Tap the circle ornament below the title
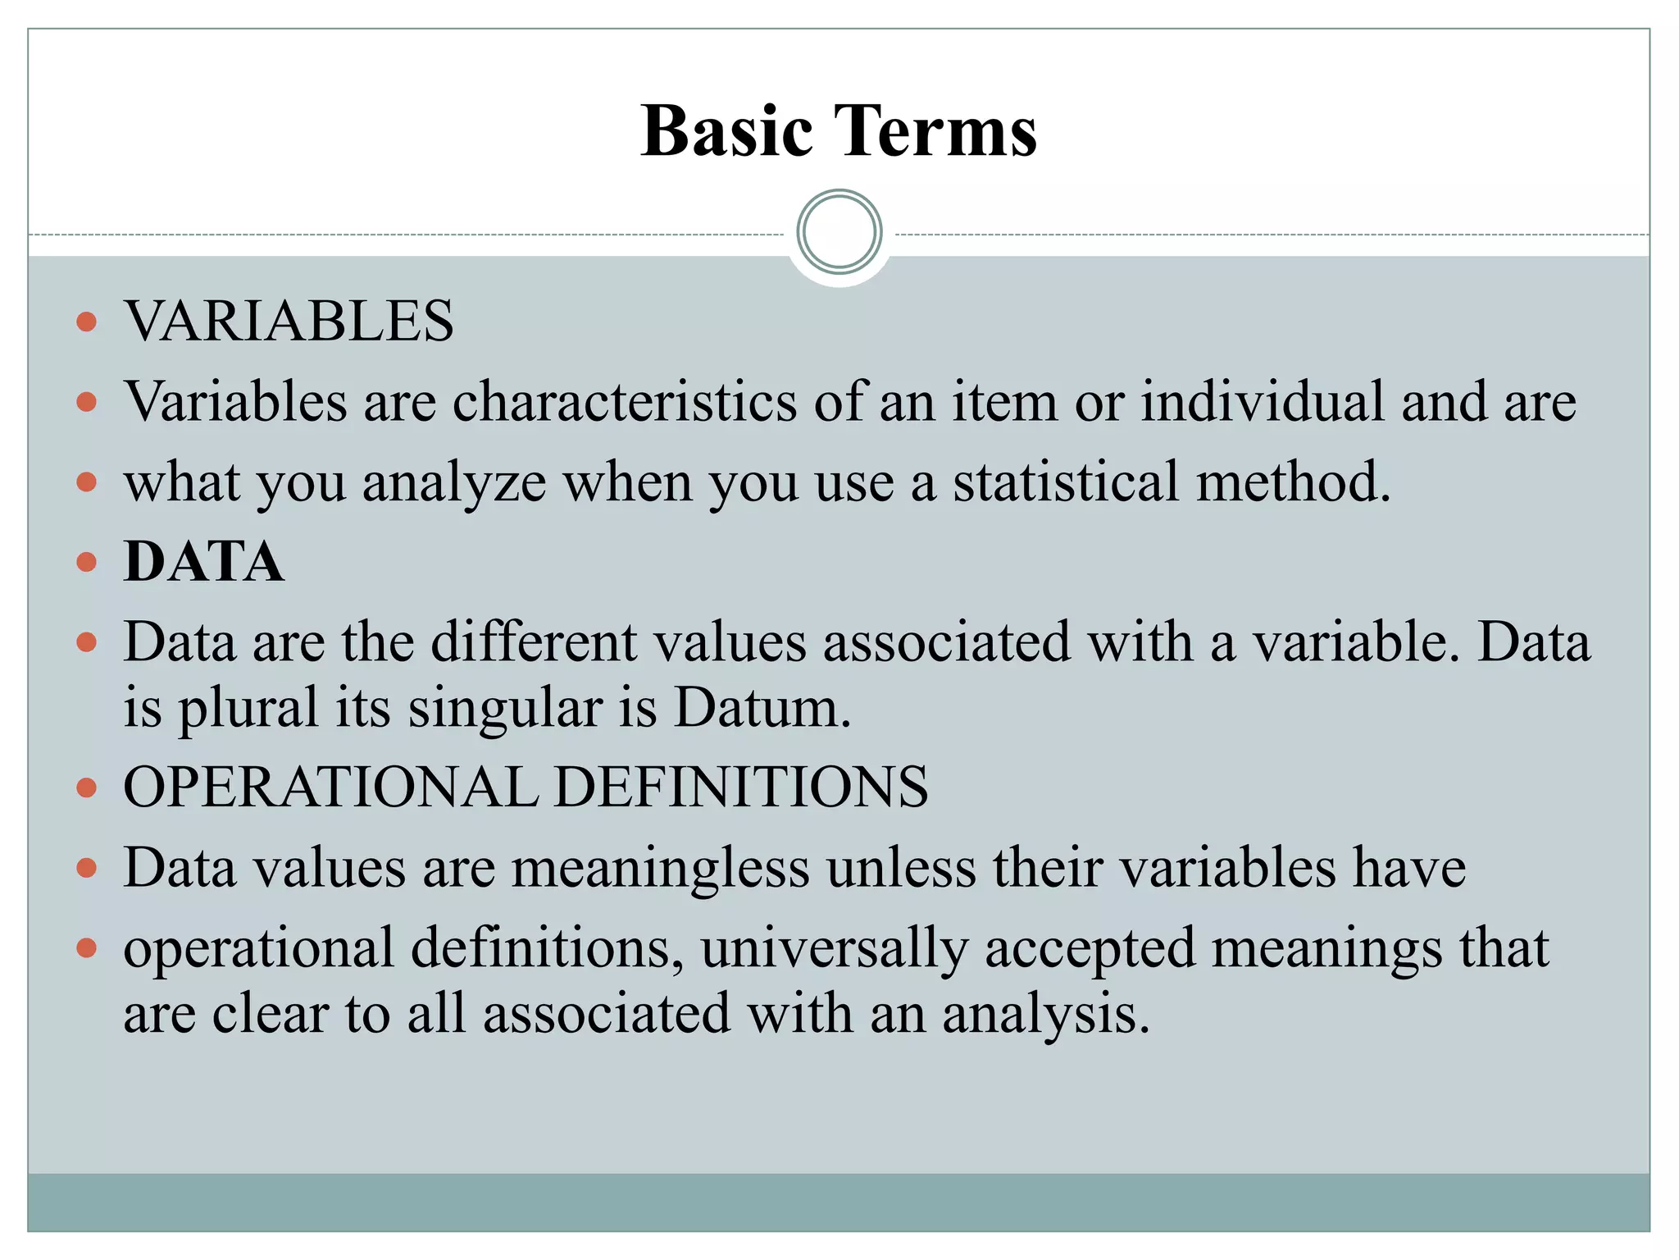tap(839, 232)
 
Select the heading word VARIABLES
tap(289, 321)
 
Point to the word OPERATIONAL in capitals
tap(330, 787)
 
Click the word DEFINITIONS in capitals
tap(741, 787)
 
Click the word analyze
tap(454, 483)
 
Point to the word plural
tap(248, 709)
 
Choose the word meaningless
tap(660, 868)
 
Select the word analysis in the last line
tap(1045, 1015)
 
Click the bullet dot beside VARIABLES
tap(86, 321)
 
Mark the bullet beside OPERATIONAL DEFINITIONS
tap(86, 787)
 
